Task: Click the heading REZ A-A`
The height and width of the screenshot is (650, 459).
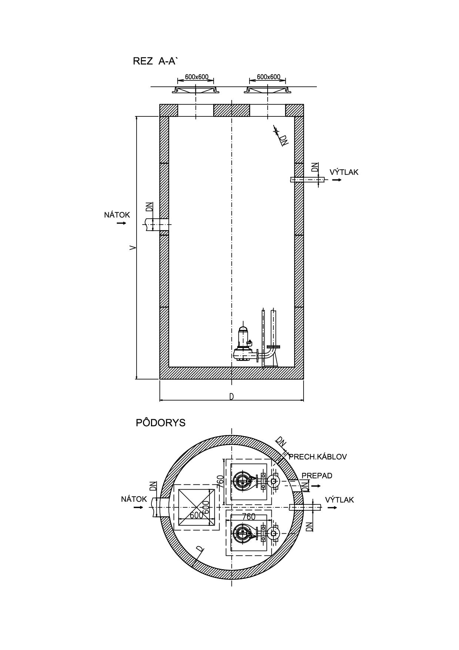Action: [155, 61]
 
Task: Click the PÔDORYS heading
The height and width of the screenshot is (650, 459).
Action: [161, 423]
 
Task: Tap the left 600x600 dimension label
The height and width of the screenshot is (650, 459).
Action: [197, 77]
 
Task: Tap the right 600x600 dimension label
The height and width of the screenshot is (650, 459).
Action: [268, 77]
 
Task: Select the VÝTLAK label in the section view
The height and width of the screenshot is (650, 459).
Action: [344, 172]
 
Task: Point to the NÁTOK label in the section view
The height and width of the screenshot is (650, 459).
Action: [117, 215]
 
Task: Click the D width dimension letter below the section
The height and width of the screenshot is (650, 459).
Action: [231, 397]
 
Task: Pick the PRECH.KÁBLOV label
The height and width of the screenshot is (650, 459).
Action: [318, 457]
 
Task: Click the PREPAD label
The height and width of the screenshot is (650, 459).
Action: [317, 475]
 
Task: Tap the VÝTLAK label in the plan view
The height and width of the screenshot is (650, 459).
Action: [339, 500]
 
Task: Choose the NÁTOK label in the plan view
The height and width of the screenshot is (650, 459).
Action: [134, 499]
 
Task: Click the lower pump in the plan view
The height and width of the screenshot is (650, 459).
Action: [246, 533]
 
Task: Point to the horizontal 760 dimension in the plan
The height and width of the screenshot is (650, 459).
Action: [249, 517]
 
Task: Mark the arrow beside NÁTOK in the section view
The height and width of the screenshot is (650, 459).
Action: [121, 223]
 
